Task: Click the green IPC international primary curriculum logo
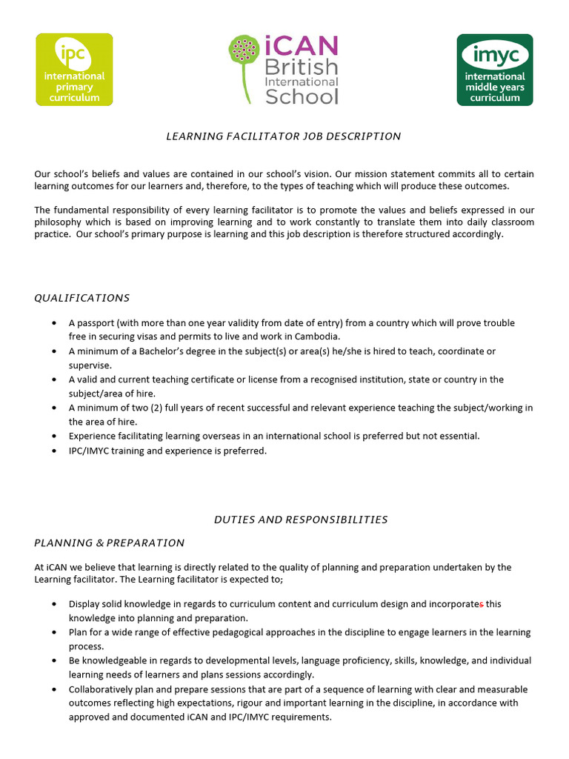[x=75, y=70]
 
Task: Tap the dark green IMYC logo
[x=494, y=70]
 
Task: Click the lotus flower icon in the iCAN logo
[x=244, y=50]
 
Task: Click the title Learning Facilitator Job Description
[x=284, y=136]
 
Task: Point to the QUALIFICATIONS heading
[x=82, y=298]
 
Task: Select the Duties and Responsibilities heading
[x=301, y=520]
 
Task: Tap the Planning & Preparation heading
[x=110, y=543]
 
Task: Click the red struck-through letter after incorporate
[x=482, y=604]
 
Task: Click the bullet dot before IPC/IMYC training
[x=55, y=451]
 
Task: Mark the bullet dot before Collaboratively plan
[x=55, y=689]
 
